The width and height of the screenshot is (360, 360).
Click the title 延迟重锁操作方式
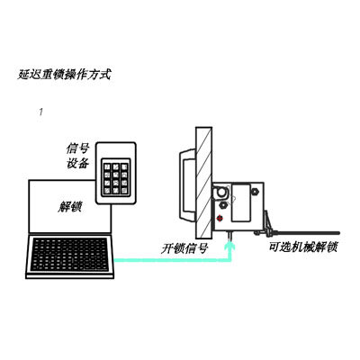tap(64, 75)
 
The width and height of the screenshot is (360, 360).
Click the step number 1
tap(40, 112)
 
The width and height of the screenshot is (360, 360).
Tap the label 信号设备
tap(77, 156)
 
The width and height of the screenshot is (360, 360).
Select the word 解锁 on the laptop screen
tap(69, 206)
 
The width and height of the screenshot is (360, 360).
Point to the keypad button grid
tap(116, 177)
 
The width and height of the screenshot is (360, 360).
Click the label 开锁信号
tap(184, 248)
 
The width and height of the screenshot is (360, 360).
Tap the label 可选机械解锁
tap(303, 247)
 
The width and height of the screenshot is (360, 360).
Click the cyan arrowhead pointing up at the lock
tap(230, 247)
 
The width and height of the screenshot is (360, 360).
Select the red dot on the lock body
tap(220, 218)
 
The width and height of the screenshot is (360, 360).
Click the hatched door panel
tap(204, 183)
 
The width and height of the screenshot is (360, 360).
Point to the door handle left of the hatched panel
tap(187, 185)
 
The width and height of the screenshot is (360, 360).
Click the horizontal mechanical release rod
tap(306, 232)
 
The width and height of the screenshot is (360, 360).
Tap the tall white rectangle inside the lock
tap(241, 202)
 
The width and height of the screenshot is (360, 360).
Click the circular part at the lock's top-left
tap(221, 193)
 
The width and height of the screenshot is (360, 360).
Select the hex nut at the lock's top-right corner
tap(256, 191)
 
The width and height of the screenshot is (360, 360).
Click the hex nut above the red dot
tap(223, 205)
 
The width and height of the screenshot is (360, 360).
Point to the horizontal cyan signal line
tap(172, 260)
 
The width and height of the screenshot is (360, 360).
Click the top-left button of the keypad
tap(107, 166)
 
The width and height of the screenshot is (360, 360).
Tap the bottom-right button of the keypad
tap(124, 190)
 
